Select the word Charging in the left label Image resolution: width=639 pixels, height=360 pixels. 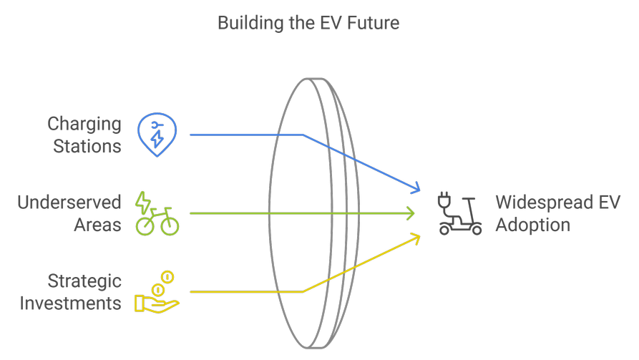click(84, 124)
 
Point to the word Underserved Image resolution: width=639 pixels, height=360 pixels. click(69, 203)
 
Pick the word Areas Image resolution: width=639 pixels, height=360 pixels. click(97, 225)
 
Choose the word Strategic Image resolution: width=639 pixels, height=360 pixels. click(84, 281)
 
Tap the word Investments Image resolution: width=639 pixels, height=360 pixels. click(70, 303)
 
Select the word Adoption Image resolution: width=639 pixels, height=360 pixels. click(533, 225)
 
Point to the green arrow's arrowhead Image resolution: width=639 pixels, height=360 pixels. click(411, 213)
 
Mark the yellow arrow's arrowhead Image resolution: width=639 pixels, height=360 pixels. click(416, 237)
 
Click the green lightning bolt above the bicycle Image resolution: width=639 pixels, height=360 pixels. click(144, 202)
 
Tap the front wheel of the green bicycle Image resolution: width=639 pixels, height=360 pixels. click(170, 225)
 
